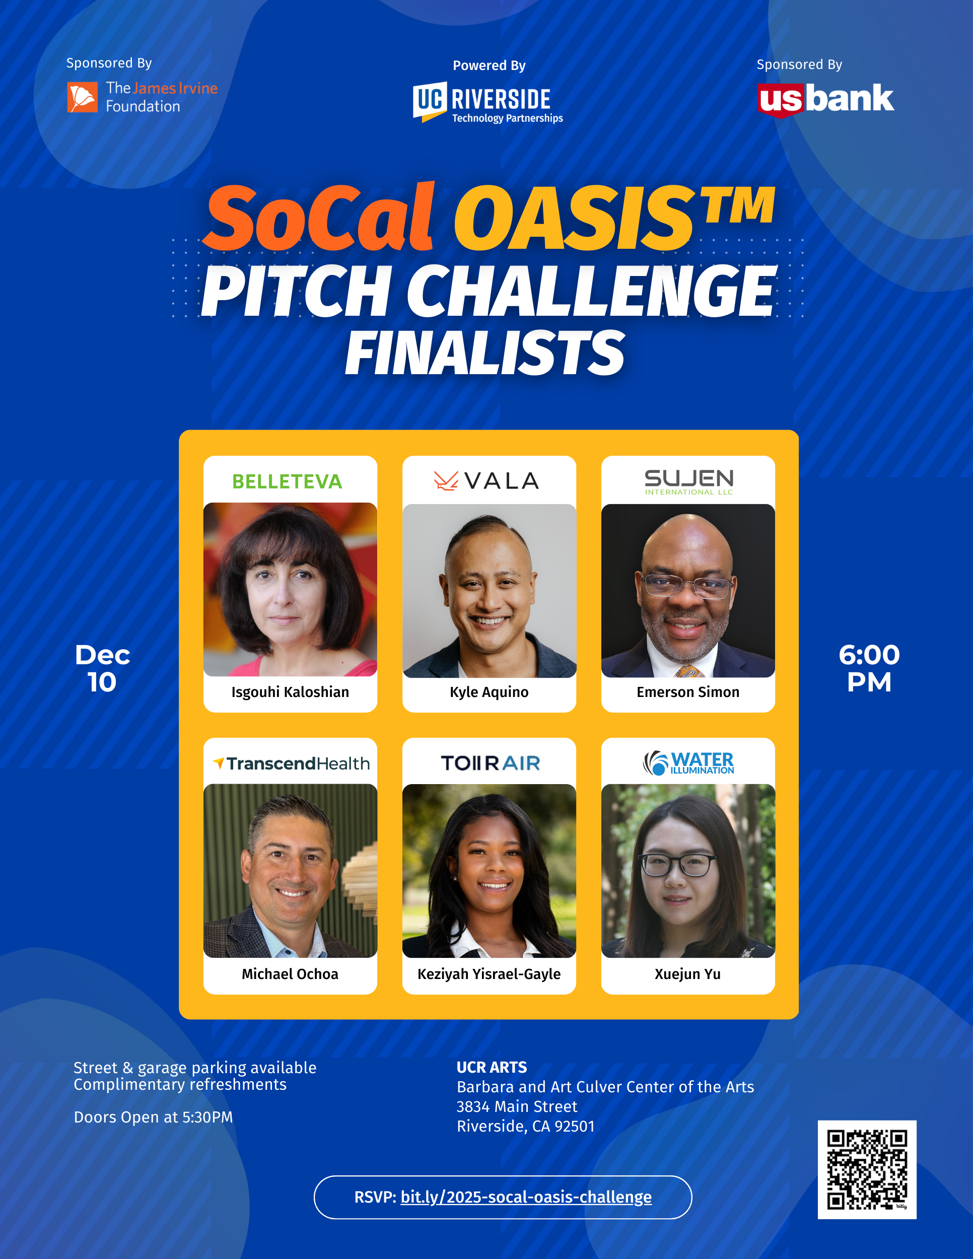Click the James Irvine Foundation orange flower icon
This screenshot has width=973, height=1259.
[x=82, y=97]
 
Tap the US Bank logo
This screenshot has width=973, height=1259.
[x=825, y=100]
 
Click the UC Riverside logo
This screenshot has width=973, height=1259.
[x=488, y=103]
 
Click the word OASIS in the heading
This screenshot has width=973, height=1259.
[x=575, y=219]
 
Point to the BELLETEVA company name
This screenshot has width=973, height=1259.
[x=287, y=481]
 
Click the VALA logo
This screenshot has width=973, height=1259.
[x=486, y=481]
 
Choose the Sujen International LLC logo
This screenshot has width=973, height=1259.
[x=689, y=482]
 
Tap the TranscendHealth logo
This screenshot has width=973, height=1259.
[x=291, y=763]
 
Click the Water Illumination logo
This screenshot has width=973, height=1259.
[x=688, y=762]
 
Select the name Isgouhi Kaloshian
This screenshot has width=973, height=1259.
[x=290, y=692]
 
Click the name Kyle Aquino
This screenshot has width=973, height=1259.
[x=489, y=692]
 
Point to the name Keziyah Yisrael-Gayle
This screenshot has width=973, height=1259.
[x=489, y=973]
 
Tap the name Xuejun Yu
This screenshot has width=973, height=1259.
[x=687, y=973]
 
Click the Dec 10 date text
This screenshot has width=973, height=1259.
[x=103, y=668]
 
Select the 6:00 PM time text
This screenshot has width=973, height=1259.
[x=869, y=668]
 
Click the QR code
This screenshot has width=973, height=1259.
[x=867, y=1170]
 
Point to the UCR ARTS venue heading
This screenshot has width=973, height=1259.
[x=492, y=1067]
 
